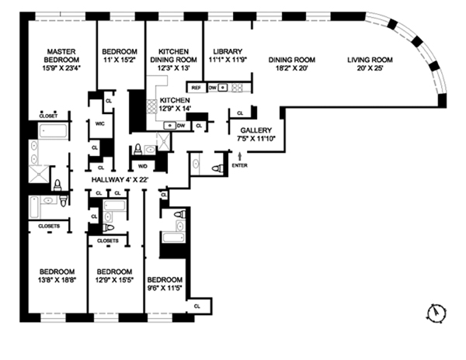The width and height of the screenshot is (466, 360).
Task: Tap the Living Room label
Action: pos(369,60)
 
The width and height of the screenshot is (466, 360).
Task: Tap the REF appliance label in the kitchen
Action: pos(196,88)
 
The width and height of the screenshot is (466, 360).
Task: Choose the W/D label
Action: pos(143,165)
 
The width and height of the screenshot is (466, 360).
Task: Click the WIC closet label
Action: pos(100,123)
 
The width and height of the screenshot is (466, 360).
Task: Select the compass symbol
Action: pos(438,313)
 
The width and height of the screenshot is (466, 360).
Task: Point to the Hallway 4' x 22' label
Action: pos(120,180)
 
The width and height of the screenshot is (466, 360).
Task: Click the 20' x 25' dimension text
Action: pos(369,68)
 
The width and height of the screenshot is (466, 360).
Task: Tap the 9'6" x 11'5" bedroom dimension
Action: pos(165,288)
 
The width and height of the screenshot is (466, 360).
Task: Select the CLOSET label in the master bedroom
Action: pos(48,116)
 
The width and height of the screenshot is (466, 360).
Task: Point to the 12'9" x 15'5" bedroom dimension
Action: pos(113,281)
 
